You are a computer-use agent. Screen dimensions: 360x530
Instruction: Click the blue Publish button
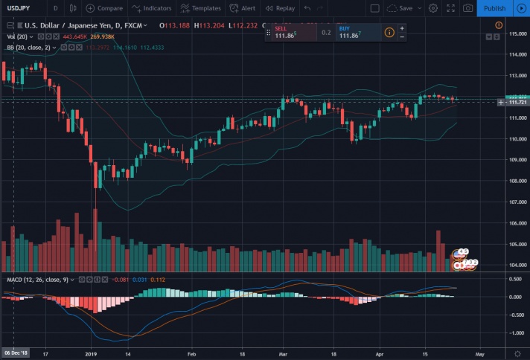click(494, 8)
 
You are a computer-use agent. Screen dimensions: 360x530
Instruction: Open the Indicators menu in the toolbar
click(151, 8)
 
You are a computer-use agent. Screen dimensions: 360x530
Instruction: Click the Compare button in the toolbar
click(104, 8)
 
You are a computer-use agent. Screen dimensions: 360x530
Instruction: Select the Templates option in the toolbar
click(200, 8)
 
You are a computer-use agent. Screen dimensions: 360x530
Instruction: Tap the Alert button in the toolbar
click(243, 8)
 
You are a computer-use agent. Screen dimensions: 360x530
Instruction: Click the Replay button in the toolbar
click(280, 8)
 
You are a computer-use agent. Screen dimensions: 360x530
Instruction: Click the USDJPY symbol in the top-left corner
click(19, 8)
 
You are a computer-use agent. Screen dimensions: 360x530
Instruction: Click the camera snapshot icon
click(467, 8)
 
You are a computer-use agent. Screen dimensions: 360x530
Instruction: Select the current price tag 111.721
click(517, 102)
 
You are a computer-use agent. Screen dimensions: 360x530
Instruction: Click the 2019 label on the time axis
click(92, 355)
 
